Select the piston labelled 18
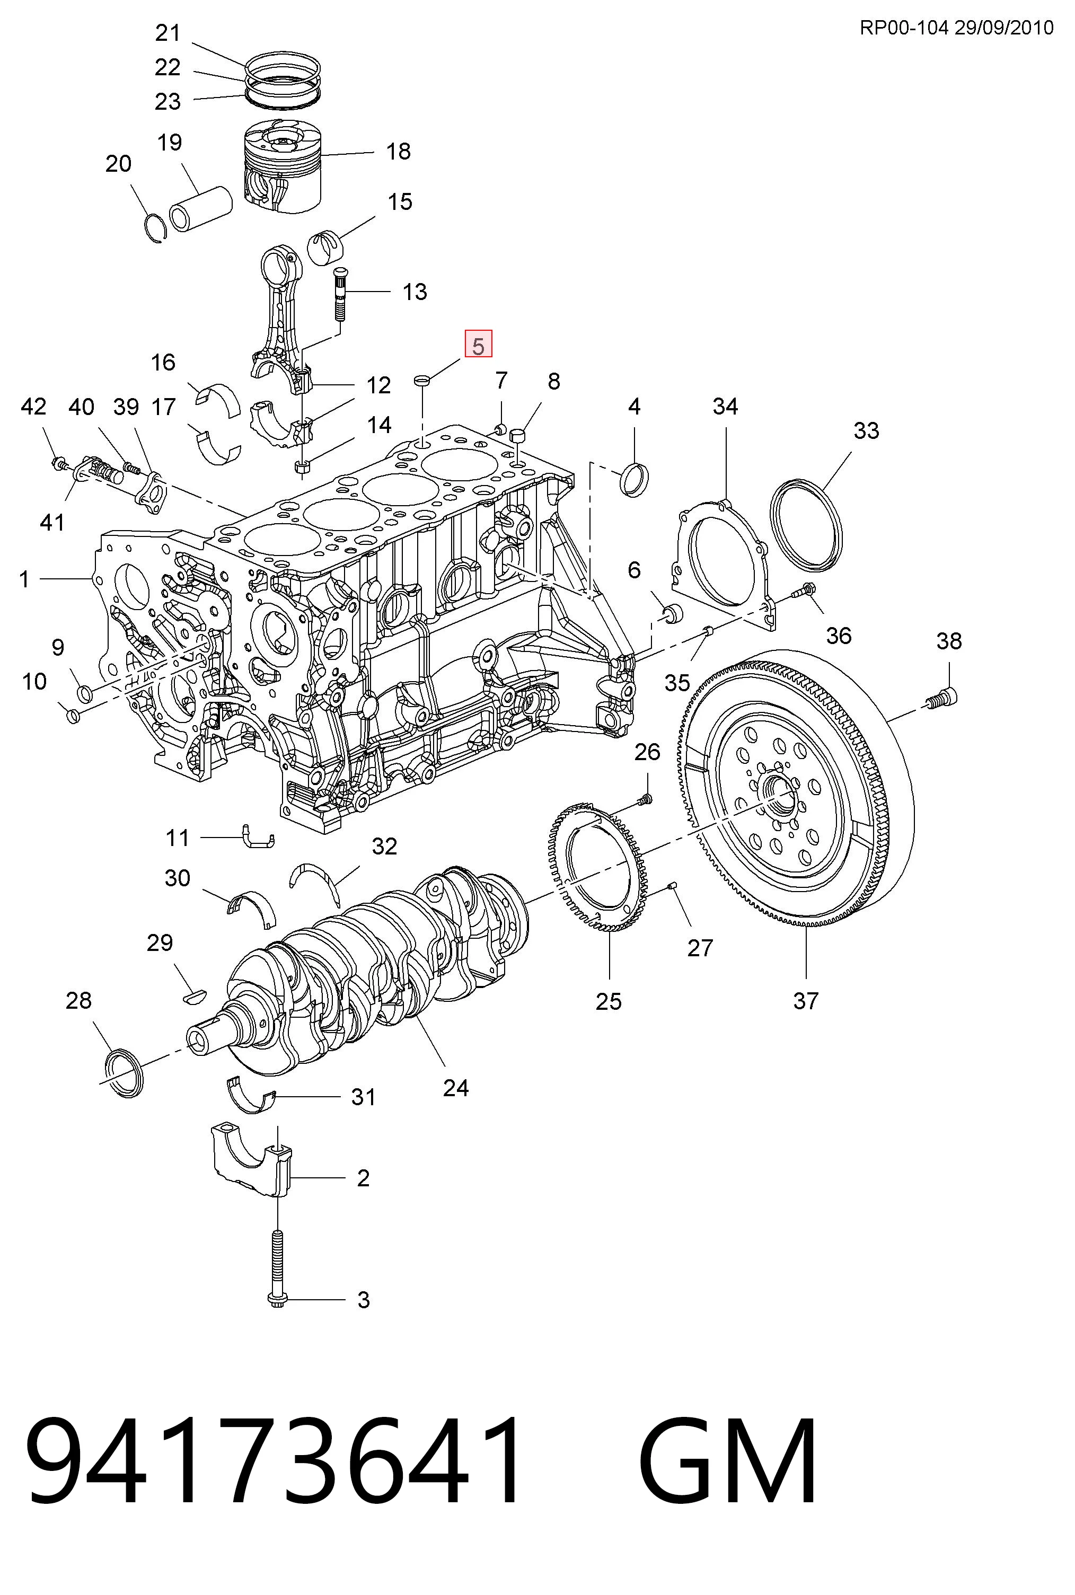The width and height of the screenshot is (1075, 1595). coord(283,168)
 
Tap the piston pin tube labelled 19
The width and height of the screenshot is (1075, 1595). coord(200,208)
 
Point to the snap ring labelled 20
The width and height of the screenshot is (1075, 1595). coord(157,228)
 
